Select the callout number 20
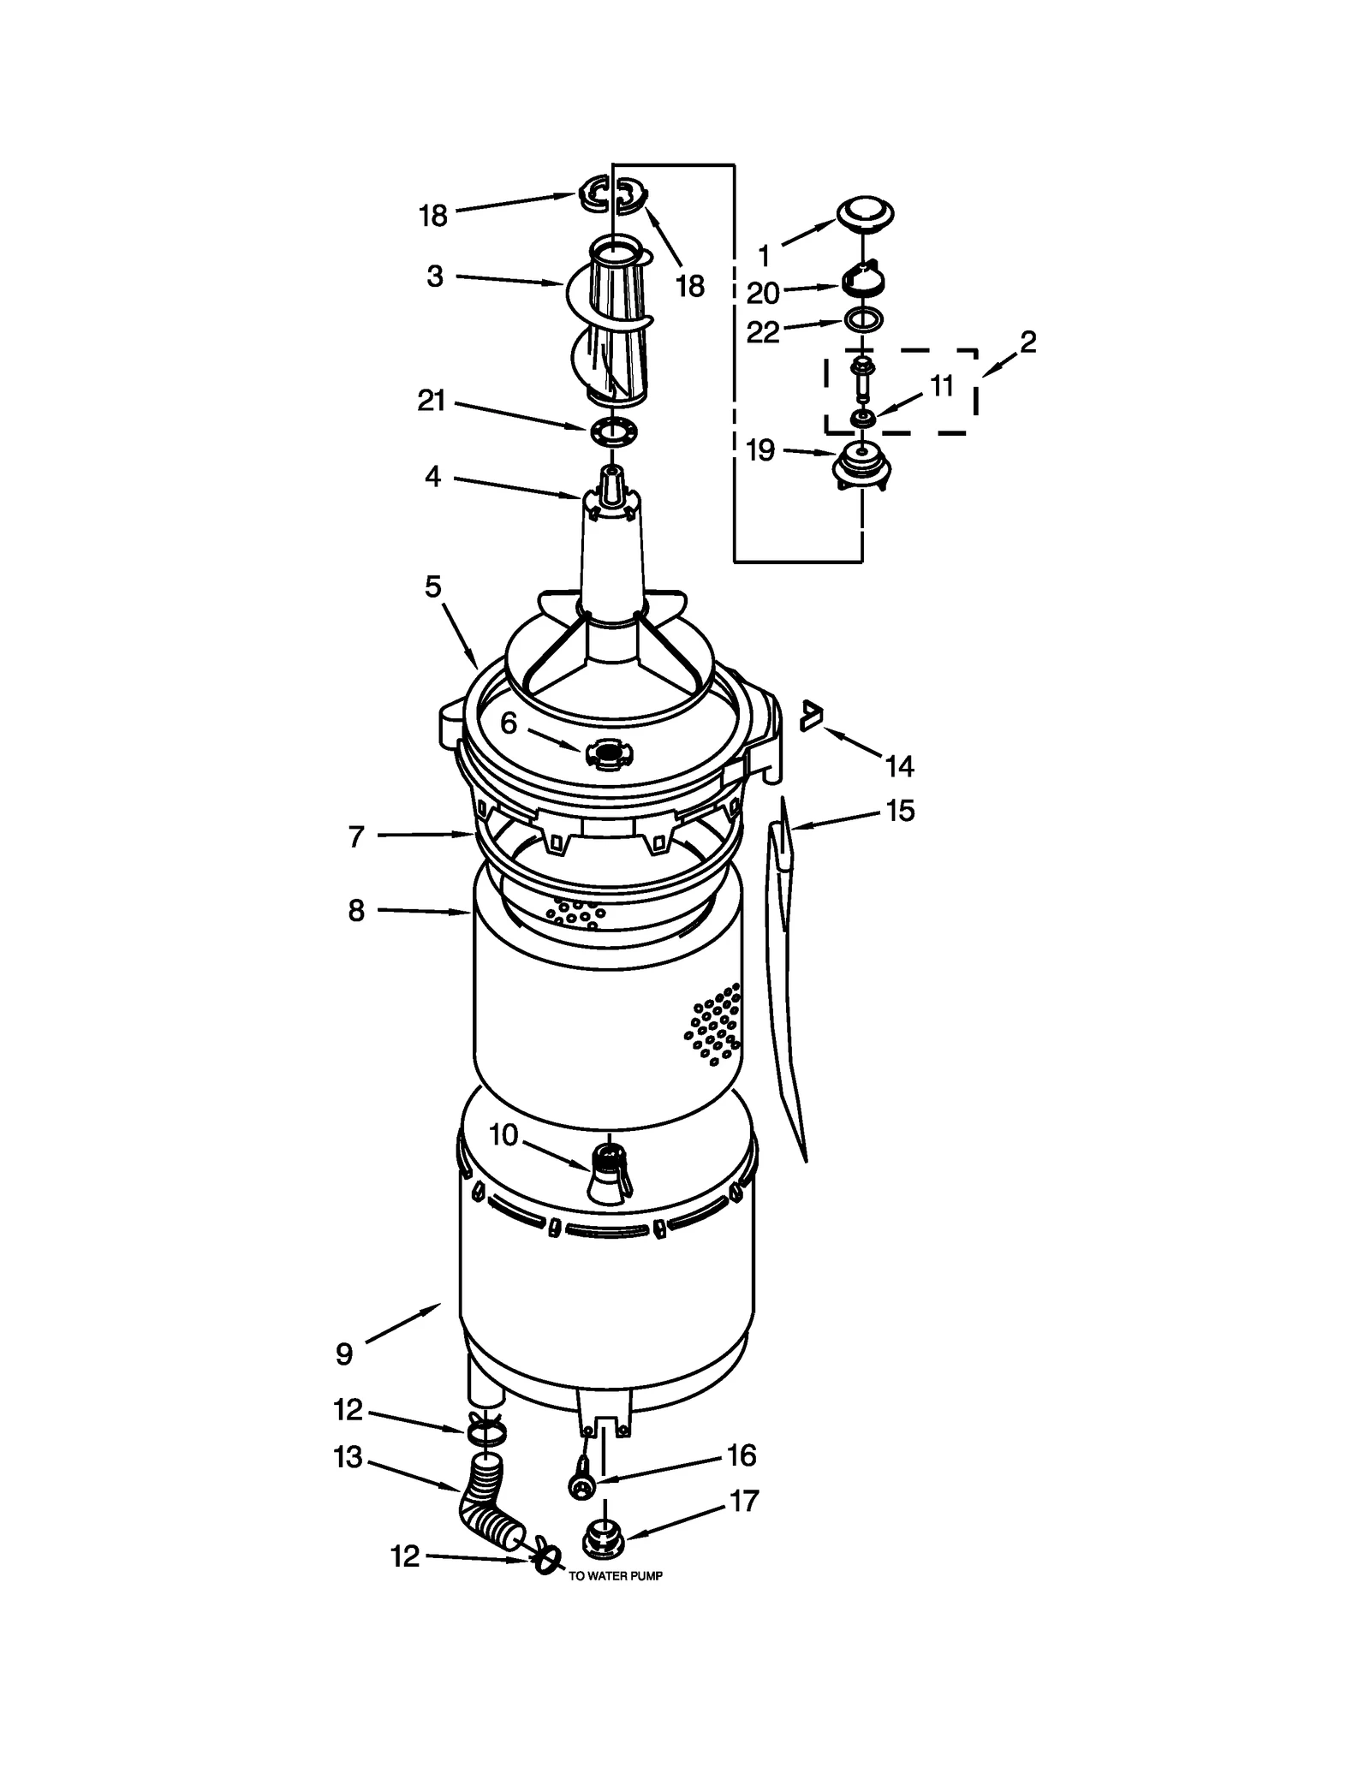[x=763, y=294]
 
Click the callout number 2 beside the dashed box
[x=1027, y=342]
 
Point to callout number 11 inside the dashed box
[x=942, y=386]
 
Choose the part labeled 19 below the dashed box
[x=861, y=467]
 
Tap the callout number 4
[x=433, y=477]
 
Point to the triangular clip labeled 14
[x=809, y=716]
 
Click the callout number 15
[x=900, y=810]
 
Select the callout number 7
[x=357, y=836]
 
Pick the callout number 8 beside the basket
[x=357, y=911]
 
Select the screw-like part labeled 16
[x=582, y=1485]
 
